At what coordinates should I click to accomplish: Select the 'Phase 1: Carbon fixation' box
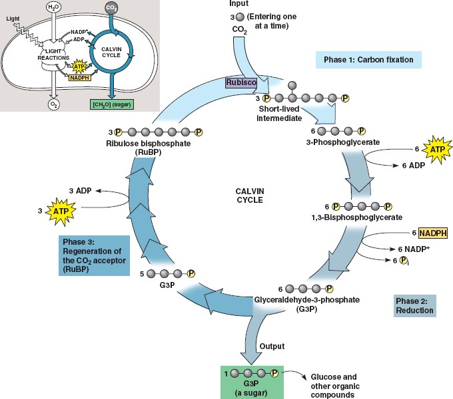[x=368, y=61]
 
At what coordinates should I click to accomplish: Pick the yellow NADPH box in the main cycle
[x=432, y=233]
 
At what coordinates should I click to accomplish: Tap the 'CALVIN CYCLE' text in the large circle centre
[x=250, y=195]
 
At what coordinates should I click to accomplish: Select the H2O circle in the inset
[x=53, y=8]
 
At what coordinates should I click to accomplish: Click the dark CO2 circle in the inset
[x=112, y=8]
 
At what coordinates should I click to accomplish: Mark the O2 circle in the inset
[x=53, y=104]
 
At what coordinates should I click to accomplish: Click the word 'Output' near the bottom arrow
[x=272, y=346]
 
